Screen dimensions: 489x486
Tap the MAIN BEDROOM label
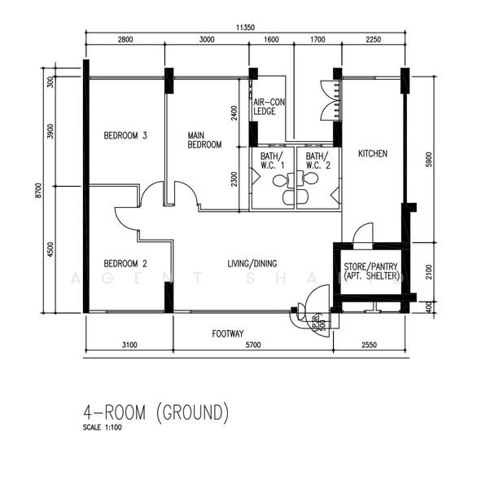(204, 139)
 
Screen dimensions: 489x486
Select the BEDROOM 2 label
(125, 263)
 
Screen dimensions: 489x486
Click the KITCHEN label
(372, 153)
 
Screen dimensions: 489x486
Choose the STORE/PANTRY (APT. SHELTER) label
(373, 271)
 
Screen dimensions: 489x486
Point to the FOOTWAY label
(228, 333)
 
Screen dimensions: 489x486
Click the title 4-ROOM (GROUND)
(156, 412)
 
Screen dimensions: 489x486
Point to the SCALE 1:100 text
(102, 427)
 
